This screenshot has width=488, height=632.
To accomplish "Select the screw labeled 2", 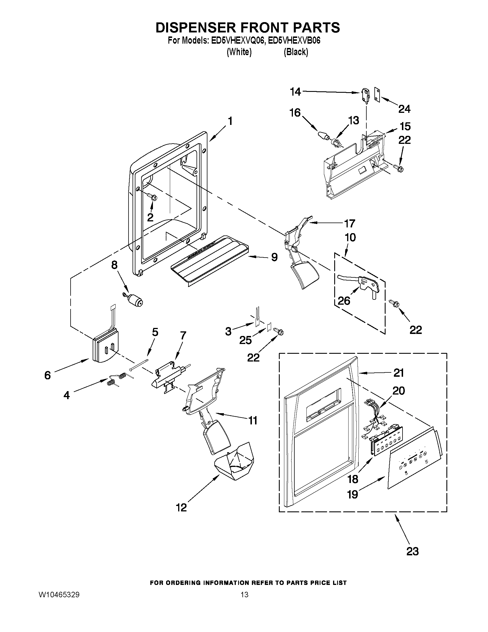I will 153,197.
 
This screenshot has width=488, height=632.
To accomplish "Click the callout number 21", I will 399,373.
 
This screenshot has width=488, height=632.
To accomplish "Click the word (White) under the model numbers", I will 239,52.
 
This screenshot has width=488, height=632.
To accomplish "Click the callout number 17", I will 349,223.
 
